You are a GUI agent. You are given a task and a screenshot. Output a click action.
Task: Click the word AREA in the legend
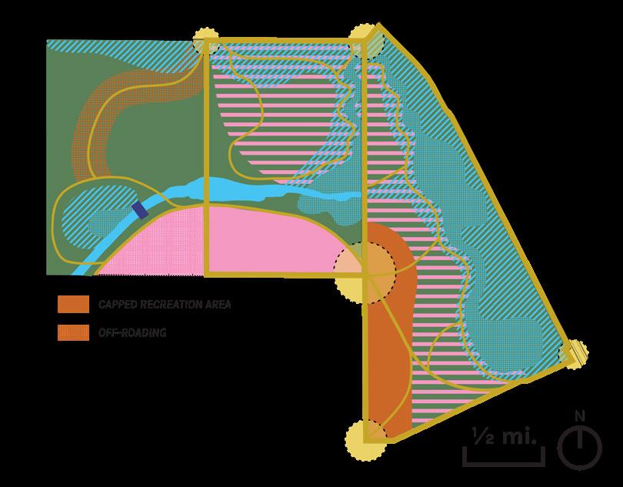point(217,305)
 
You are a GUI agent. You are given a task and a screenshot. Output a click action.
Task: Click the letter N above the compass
point(580,417)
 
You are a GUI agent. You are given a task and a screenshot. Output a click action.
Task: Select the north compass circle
point(580,448)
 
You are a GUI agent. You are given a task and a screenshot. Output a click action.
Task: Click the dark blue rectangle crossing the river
point(140,210)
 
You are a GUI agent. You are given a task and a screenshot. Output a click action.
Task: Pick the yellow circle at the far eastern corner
point(572,352)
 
